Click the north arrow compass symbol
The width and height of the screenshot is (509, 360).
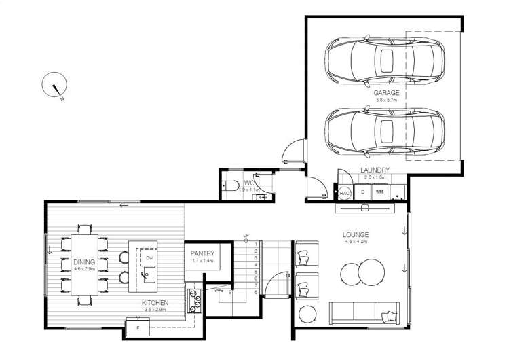coord(54,88)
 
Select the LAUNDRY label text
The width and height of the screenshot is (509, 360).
coord(375,170)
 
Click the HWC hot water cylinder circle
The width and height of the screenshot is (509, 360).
coord(345,193)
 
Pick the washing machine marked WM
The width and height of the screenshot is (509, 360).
coord(379,192)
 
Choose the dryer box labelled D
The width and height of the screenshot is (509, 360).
coord(362,192)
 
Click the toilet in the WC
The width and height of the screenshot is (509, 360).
coord(231,185)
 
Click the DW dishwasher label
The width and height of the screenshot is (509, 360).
coord(148,257)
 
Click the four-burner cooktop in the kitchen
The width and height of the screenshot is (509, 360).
coord(194,300)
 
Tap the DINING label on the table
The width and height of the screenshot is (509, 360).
coord(84,260)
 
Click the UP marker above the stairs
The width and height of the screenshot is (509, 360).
coord(246,236)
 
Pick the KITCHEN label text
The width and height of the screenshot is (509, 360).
coord(155,302)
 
